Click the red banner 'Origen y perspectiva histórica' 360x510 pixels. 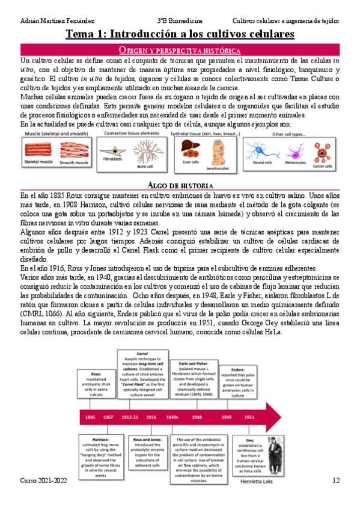(180, 50)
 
